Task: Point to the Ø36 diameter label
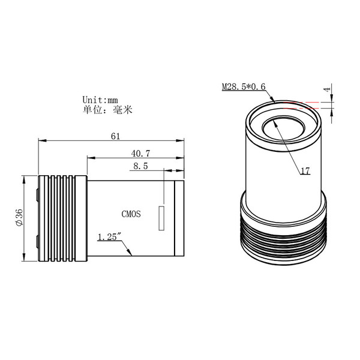(19, 219)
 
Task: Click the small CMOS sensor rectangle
(161, 218)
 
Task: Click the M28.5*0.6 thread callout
(244, 87)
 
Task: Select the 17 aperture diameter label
(305, 171)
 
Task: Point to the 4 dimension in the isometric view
(327, 89)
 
